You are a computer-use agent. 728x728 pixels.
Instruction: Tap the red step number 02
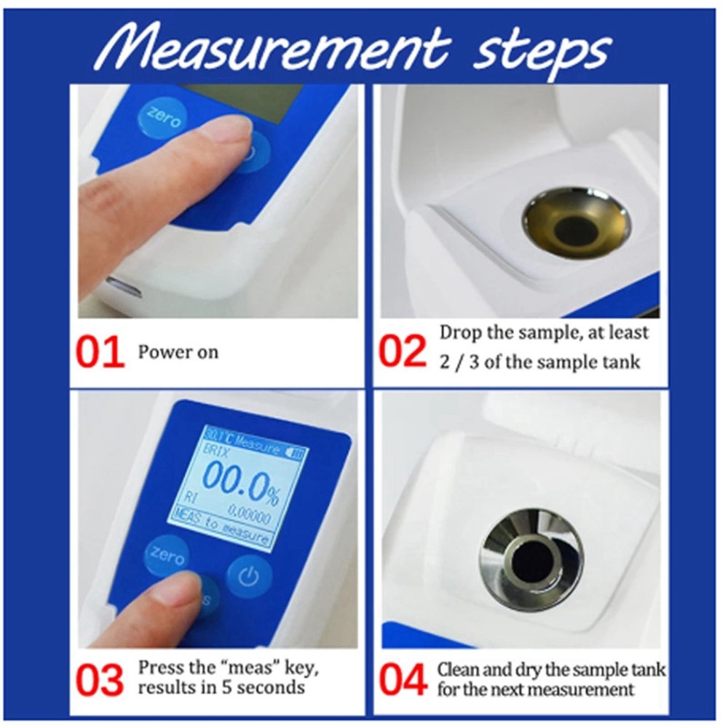(403, 352)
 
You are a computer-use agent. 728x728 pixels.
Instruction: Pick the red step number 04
(403, 681)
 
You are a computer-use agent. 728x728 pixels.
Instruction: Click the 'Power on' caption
(178, 352)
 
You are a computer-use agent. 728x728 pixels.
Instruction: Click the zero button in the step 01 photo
(161, 117)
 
